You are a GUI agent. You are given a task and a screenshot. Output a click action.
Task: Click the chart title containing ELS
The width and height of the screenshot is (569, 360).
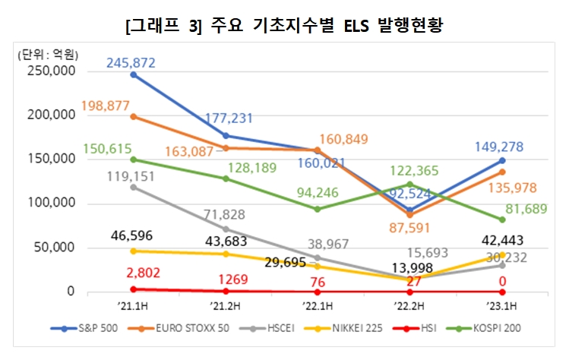[283, 26]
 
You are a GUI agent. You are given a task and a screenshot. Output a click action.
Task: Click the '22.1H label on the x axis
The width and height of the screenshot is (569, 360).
[317, 308]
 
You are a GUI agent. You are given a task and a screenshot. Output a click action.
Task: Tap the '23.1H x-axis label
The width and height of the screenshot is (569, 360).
[501, 308]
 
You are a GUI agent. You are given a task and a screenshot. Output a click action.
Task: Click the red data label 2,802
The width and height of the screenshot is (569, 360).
[133, 274]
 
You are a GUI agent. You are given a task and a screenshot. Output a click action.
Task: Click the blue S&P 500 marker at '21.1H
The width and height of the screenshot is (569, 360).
[134, 74]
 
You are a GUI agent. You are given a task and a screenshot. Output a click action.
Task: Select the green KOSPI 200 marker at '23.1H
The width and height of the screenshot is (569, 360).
[502, 219]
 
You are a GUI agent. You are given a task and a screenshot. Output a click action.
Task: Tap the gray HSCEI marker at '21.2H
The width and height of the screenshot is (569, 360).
[226, 229]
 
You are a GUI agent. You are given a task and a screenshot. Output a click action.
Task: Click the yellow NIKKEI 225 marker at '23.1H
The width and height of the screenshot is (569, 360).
[502, 254]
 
